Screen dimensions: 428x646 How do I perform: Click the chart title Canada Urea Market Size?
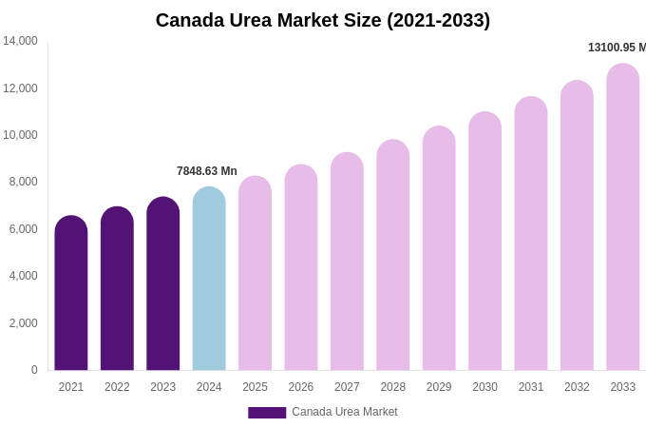[323, 20]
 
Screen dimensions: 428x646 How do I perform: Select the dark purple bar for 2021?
[71, 295]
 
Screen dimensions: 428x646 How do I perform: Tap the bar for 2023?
[163, 285]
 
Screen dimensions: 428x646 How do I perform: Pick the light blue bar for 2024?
[209, 281]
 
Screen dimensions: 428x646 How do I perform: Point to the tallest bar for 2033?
[623, 219]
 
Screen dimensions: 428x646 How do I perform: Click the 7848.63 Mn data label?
[207, 171]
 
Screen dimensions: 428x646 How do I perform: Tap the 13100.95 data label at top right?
[617, 48]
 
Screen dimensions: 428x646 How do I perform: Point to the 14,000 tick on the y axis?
[20, 41]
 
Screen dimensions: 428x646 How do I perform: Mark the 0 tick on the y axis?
[34, 370]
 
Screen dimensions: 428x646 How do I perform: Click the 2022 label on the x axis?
[117, 387]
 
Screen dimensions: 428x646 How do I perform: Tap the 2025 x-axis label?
[255, 387]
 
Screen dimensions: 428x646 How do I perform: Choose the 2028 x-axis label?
[393, 387]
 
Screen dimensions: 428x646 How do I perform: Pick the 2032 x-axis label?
[577, 387]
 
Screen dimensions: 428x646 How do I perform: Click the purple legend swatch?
[267, 413]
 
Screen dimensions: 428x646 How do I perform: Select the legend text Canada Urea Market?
[345, 412]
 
